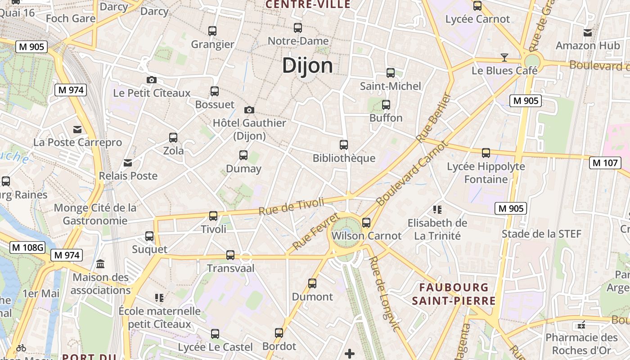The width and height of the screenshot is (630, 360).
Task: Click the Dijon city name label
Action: pyautogui.click(x=308, y=66)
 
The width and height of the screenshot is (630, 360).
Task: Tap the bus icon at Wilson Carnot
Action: pyautogui.click(x=366, y=222)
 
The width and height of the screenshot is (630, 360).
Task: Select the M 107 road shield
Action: pyautogui.click(x=605, y=163)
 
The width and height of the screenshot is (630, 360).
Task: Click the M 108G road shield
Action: pyautogui.click(x=28, y=247)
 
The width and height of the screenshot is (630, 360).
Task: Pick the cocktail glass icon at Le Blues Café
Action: pyautogui.click(x=504, y=57)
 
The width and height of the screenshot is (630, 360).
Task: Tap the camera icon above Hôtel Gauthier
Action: pyautogui.click(x=249, y=110)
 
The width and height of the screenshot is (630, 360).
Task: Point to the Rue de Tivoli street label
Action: pyautogui.click(x=291, y=206)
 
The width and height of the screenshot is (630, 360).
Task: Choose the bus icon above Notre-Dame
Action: pyautogui.click(x=298, y=28)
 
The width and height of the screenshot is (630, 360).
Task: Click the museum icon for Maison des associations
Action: pyautogui.click(x=100, y=264)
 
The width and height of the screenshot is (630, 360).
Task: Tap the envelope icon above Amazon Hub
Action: pyautogui.click(x=588, y=32)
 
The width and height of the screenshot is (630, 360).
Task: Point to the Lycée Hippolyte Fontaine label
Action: pyautogui.click(x=486, y=173)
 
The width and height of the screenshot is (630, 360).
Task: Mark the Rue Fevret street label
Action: pyautogui.click(x=315, y=232)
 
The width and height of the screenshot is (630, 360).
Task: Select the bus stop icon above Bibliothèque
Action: pyautogui.click(x=344, y=145)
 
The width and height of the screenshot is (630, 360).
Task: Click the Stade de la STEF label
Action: pyautogui.click(x=541, y=234)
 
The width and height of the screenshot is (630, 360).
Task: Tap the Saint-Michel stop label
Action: pyautogui.click(x=390, y=86)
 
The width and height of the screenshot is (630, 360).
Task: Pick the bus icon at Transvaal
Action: pyautogui.click(x=230, y=255)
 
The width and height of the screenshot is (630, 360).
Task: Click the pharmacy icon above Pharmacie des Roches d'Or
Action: pyautogui.click(x=581, y=324)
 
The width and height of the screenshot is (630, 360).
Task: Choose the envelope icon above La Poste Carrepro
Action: pyautogui.click(x=78, y=130)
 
